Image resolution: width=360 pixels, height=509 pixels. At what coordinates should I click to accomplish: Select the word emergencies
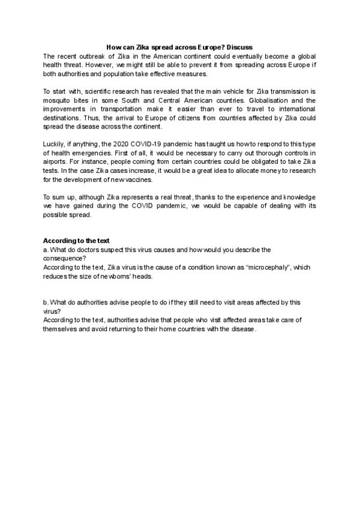(90, 154)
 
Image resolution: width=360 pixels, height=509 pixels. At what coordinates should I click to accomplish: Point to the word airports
(56, 163)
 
